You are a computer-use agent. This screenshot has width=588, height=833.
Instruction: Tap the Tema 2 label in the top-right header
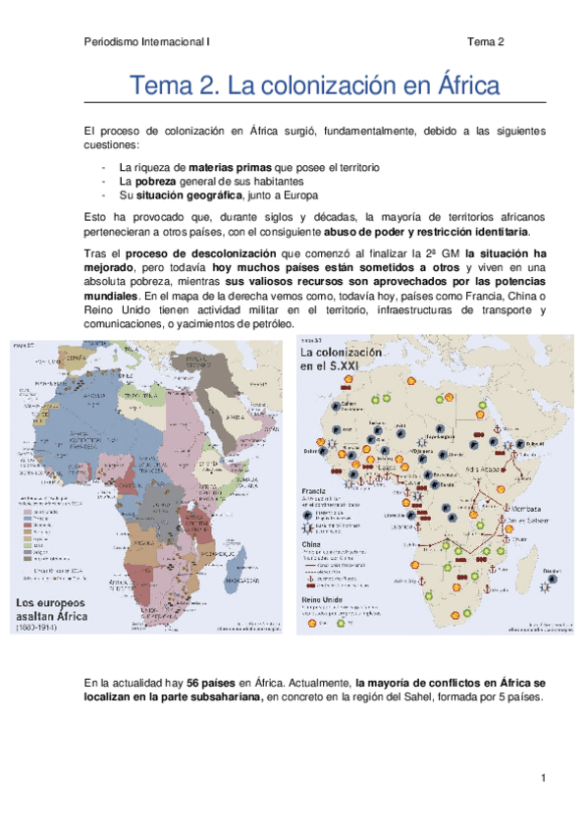click(x=485, y=42)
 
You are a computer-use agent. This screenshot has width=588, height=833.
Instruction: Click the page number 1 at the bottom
click(x=542, y=778)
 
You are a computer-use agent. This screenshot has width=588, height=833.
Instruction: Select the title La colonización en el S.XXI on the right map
click(x=338, y=359)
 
